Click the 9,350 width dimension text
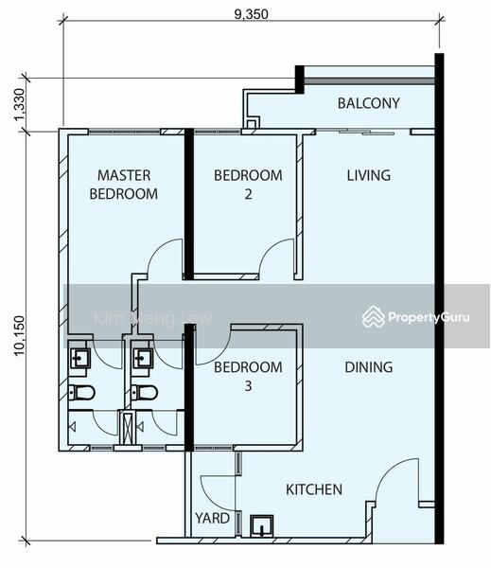[252, 14]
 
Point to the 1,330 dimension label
[19, 105]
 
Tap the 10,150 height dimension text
[19, 336]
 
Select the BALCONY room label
[369, 103]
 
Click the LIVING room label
[369, 175]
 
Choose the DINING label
[369, 367]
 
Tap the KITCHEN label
[314, 489]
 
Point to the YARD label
[212, 518]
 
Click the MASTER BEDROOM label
[124, 185]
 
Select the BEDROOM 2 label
[248, 185]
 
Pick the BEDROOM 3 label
[248, 377]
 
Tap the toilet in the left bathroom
[82, 392]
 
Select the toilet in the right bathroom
[145, 392]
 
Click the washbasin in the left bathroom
[80, 358]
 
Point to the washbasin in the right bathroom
[143, 358]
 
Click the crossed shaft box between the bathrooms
[127, 428]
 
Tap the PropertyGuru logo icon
[374, 316]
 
